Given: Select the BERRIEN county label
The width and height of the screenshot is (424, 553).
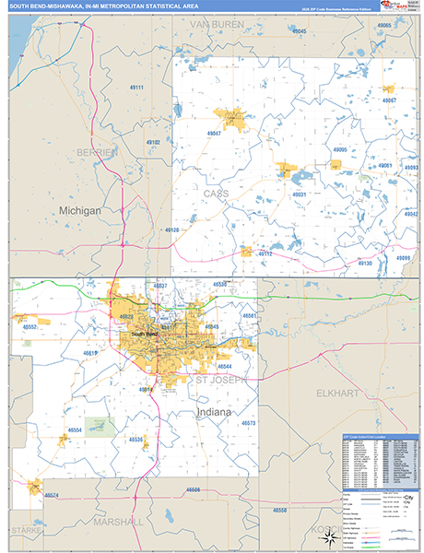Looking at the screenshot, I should (97, 150).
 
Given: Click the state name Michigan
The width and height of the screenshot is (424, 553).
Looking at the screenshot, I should (80, 210).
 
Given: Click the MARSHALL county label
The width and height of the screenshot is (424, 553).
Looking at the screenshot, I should (118, 521).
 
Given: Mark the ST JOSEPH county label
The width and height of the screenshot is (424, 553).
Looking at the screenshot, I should (221, 379).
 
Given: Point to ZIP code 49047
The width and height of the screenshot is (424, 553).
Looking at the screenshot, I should (215, 134).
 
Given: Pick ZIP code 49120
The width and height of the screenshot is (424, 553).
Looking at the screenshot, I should (171, 229).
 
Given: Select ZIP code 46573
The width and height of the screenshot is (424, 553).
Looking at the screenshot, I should (248, 422).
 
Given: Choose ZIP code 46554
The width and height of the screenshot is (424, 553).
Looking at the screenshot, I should (75, 430).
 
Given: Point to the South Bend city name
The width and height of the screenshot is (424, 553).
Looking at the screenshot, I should (146, 334).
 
